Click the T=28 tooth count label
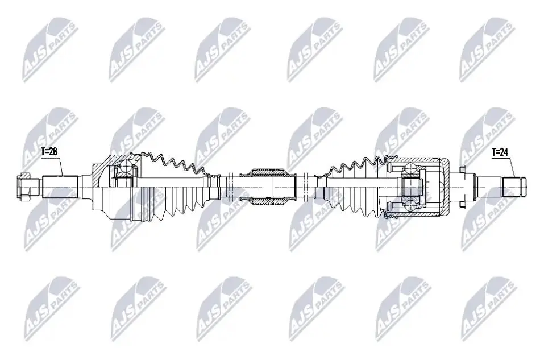point(49,152)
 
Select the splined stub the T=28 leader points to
point(60,186)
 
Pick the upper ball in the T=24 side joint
point(411,168)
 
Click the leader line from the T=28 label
point(59,165)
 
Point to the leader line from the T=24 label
point(512,167)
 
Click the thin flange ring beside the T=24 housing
point(464,185)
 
